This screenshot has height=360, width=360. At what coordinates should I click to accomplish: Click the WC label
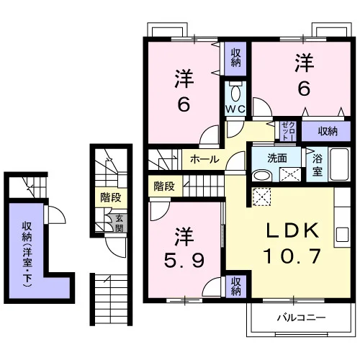click(x=235, y=109)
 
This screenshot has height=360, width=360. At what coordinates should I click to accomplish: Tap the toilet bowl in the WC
click(x=235, y=93)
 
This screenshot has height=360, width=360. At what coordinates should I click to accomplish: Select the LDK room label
click(x=292, y=230)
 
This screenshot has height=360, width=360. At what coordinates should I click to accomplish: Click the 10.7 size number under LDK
click(x=292, y=256)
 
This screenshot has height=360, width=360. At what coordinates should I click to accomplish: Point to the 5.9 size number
click(x=184, y=260)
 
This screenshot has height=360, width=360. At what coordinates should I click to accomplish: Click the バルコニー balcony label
click(x=301, y=318)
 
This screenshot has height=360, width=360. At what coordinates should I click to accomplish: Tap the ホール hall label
click(x=204, y=159)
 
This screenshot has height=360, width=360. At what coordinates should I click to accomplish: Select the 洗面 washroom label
click(x=277, y=158)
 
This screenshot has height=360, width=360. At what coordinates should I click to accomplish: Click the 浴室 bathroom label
click(x=318, y=165)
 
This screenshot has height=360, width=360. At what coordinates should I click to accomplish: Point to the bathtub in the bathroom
click(x=339, y=164)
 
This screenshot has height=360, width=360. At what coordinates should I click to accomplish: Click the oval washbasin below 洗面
click(x=261, y=175)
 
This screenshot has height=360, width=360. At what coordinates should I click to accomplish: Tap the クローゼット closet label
click(x=289, y=131)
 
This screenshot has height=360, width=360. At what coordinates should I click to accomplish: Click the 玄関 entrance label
click(x=120, y=223)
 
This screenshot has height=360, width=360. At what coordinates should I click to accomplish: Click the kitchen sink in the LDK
click(x=342, y=235)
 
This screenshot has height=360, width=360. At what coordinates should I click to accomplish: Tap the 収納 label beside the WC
click(x=235, y=58)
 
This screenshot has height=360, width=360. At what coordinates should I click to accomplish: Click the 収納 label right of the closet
click(x=328, y=131)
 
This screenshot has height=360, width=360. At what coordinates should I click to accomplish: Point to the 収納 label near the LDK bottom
click(x=235, y=287)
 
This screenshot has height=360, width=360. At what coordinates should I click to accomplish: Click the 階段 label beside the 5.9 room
click(x=164, y=186)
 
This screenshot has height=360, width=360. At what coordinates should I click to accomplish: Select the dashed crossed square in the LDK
click(x=261, y=197)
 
